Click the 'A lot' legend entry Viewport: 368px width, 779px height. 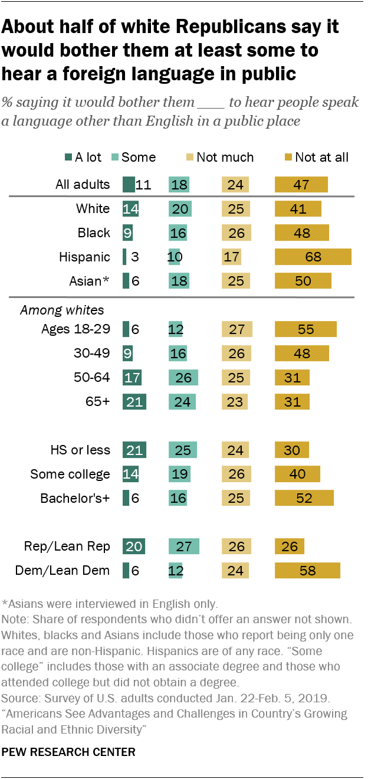[x=82, y=157]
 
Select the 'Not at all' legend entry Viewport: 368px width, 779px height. [x=317, y=157]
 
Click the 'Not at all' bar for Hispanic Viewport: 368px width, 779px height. [x=313, y=257]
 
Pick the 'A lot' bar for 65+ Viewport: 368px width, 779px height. [x=134, y=402]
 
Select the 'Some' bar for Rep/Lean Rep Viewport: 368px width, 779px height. [x=183, y=546]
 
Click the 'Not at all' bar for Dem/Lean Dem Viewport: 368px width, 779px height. [x=307, y=570]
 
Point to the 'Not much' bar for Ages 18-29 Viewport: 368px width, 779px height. [x=236, y=329]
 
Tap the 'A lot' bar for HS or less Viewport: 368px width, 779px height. [x=134, y=450]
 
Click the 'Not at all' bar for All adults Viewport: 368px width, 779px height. [x=301, y=185]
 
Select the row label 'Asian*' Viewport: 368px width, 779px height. [x=89, y=281]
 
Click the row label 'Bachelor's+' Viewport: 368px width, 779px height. [x=75, y=498]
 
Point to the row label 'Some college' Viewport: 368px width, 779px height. [x=70, y=474]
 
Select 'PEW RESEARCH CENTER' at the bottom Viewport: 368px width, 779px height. [x=69, y=752]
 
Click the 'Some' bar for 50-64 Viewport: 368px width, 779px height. [x=183, y=378]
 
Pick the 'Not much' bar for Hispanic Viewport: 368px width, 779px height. [x=230, y=257]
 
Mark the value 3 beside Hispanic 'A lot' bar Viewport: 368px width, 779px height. [x=134, y=257]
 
